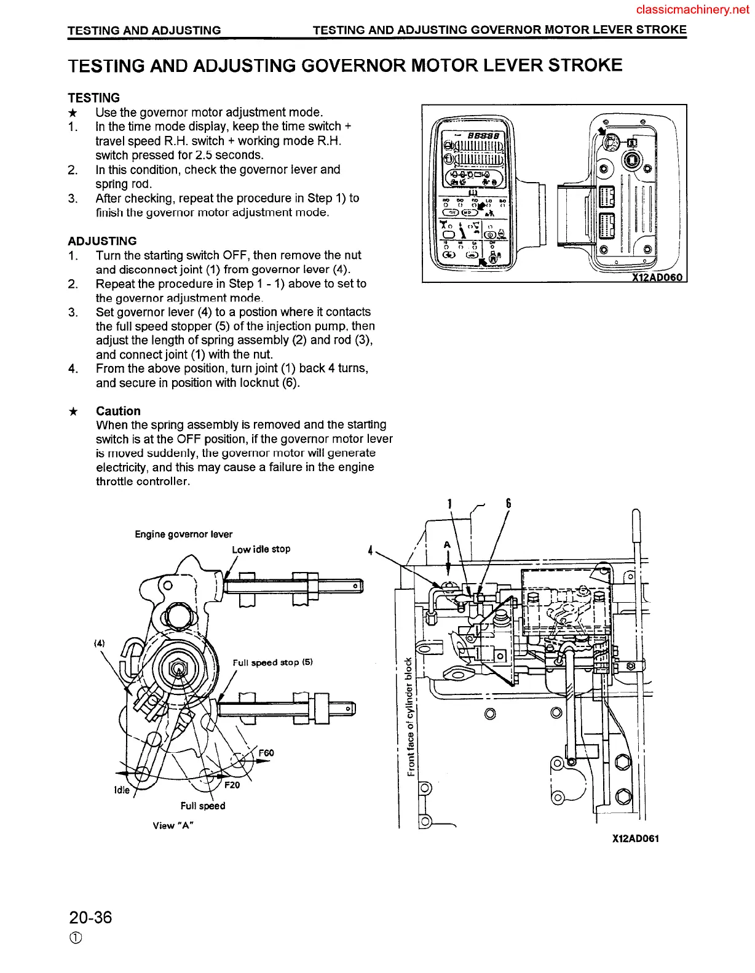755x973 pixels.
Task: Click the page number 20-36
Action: click(90, 918)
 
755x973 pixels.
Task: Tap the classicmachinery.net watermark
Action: click(693, 10)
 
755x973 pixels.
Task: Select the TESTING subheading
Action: click(93, 98)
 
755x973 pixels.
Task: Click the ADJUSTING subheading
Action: click(102, 241)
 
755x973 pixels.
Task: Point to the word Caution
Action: click(118, 411)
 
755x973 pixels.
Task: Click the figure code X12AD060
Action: click(657, 277)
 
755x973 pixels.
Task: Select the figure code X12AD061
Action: click(635, 838)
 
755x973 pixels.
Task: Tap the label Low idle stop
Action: click(261, 549)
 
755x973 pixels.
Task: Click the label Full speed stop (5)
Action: click(272, 662)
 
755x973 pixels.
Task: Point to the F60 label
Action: click(266, 753)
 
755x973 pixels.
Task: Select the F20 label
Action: click(232, 785)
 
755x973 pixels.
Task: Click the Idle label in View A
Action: click(122, 790)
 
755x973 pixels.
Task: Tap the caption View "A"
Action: click(173, 825)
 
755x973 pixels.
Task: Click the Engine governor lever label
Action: click(183, 534)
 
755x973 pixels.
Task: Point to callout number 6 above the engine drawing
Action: click(508, 504)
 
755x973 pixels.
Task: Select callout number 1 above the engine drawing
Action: click(450, 504)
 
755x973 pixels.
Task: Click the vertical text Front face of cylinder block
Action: click(409, 717)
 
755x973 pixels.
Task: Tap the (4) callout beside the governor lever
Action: click(99, 643)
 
